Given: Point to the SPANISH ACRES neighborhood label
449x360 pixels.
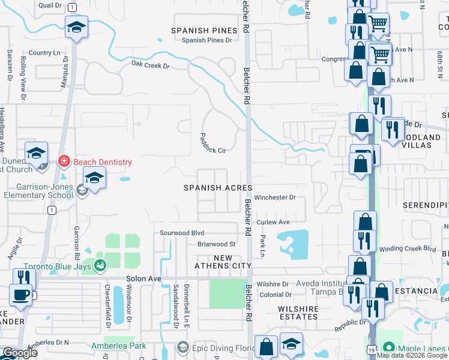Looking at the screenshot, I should (x=217, y=188).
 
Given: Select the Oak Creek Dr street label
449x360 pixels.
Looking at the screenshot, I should (x=151, y=65).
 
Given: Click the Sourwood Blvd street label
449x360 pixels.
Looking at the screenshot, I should (x=182, y=233).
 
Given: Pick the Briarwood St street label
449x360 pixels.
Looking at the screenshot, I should (x=216, y=244).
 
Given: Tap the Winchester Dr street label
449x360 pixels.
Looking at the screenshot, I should (x=275, y=197).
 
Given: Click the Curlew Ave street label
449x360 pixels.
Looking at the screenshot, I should (x=273, y=222).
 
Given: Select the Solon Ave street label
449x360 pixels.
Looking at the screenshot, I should (x=143, y=279).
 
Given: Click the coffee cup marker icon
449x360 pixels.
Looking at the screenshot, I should (x=21, y=295).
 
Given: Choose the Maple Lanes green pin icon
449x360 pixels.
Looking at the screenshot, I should (x=389, y=347).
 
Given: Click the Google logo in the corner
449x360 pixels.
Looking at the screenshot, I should (x=19, y=353).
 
